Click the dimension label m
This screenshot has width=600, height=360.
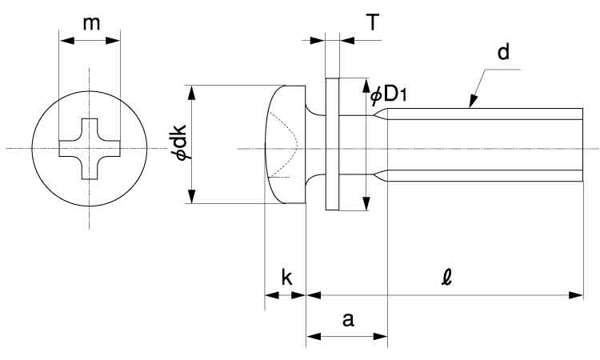coord(93,23)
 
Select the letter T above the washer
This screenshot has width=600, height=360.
coord(373,22)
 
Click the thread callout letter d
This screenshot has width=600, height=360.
coord(503,54)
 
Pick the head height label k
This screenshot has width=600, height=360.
coord(286,278)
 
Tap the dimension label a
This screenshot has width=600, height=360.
coord(348,320)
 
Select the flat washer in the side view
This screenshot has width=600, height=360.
coord(333,144)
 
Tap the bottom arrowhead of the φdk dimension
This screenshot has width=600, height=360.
coord(191,198)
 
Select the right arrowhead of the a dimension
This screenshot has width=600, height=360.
coord(382,336)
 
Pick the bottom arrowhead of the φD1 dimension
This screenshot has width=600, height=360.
coord(366,204)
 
